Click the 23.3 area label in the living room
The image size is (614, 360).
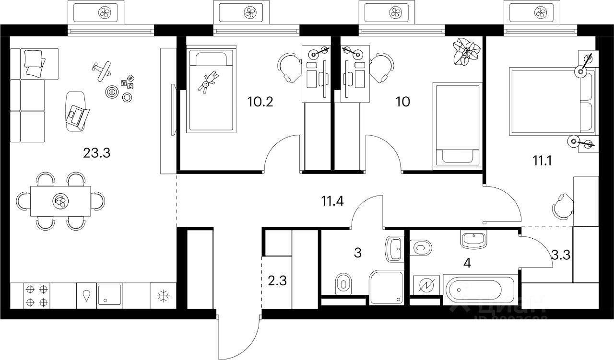click(96, 153)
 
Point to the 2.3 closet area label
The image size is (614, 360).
click(277, 279)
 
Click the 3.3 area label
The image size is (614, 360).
click(560, 255)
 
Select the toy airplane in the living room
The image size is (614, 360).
click(102, 70)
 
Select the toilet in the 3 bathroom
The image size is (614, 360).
click(342, 283)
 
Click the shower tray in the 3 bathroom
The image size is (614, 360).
click(386, 287)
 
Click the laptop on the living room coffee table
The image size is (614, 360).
click(77, 114)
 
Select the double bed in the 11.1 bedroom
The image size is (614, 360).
click(552, 100)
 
